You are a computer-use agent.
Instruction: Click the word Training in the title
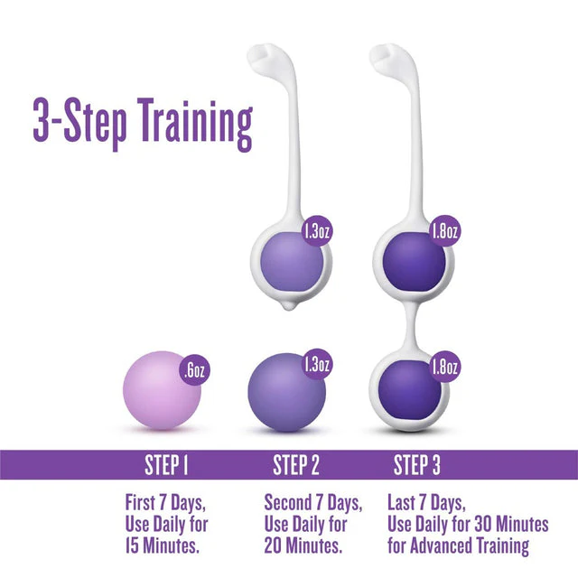click(x=195, y=124)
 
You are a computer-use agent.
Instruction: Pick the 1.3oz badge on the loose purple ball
click(x=317, y=364)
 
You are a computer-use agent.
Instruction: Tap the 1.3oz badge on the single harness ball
click(x=317, y=231)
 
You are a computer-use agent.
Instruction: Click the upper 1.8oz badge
click(x=444, y=231)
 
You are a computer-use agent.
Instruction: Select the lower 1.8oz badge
click(x=444, y=367)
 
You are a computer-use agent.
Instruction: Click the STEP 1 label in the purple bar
click(x=166, y=465)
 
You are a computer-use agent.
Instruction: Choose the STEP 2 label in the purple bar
click(x=295, y=465)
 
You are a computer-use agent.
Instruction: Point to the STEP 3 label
click(x=416, y=465)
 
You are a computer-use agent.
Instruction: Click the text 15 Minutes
click(x=163, y=545)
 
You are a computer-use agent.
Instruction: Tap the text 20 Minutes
click(x=303, y=545)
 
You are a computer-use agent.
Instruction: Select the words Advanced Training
click(x=470, y=545)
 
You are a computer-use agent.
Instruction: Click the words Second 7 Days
click(x=313, y=503)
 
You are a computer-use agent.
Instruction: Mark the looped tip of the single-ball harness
click(x=263, y=55)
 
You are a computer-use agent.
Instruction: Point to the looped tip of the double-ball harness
click(x=386, y=55)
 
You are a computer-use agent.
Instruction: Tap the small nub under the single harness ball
click(x=290, y=305)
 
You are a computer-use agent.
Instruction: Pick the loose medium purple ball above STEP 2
click(x=287, y=392)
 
